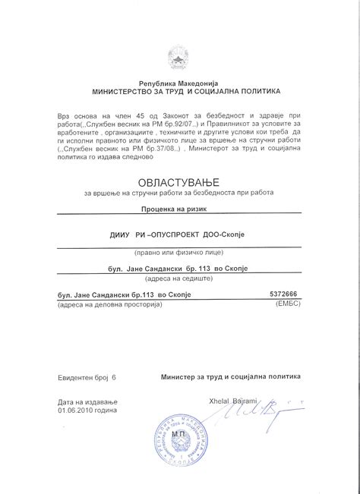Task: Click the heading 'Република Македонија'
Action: point(178,82)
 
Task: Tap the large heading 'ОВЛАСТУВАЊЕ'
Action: point(179,182)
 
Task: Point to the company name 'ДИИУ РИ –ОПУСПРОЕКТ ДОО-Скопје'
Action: point(179,234)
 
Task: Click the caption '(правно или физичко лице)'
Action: point(179,250)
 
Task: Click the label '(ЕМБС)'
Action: point(286,304)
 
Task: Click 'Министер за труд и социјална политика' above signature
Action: point(230,376)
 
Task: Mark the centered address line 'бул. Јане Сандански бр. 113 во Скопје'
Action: point(179,269)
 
